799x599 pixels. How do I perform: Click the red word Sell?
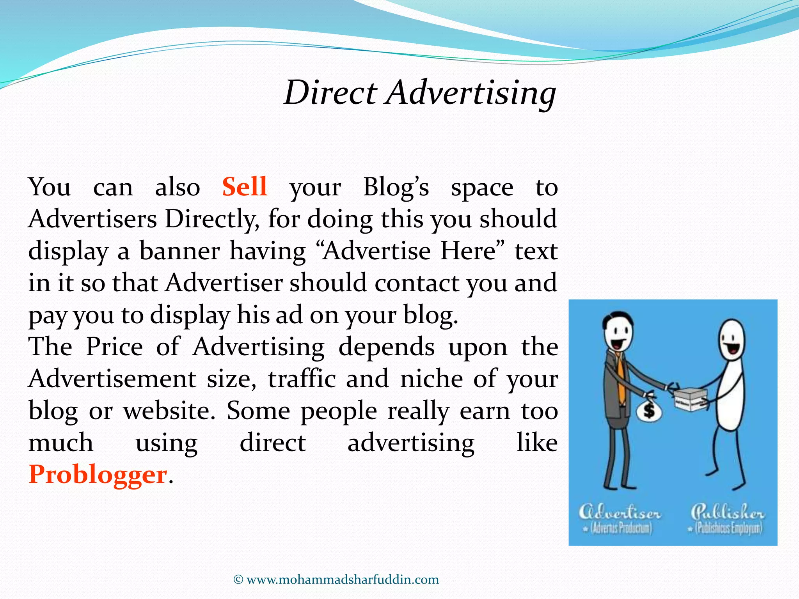pyautogui.click(x=245, y=187)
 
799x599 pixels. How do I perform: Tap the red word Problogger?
pyautogui.click(x=98, y=475)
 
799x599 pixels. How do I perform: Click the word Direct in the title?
pyautogui.click(x=330, y=93)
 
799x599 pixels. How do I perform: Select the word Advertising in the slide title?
pyautogui.click(x=471, y=94)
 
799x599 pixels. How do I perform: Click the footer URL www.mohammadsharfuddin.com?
pyautogui.click(x=343, y=580)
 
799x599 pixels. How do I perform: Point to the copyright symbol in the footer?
pyautogui.click(x=238, y=580)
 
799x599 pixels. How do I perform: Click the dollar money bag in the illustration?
pyautogui.click(x=649, y=410)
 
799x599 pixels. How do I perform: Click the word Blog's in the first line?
pyautogui.click(x=396, y=188)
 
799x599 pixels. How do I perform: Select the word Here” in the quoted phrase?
pyautogui.click(x=473, y=251)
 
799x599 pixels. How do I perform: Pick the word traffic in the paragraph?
pyautogui.click(x=302, y=379)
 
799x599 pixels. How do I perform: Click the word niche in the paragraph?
pyautogui.click(x=431, y=379)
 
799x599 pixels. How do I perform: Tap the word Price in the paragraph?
pyautogui.click(x=114, y=347)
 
